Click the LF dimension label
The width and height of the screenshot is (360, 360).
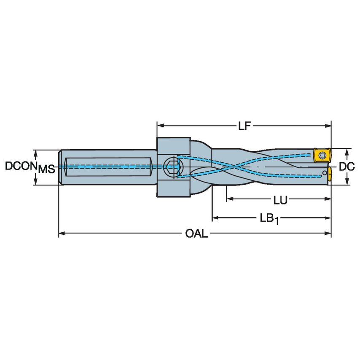point(244,125)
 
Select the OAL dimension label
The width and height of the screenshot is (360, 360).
point(196,234)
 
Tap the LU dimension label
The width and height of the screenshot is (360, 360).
point(280,200)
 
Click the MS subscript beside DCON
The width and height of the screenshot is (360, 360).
point(46,169)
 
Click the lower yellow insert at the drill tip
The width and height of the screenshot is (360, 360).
point(328,176)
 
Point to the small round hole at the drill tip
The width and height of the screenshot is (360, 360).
point(324,172)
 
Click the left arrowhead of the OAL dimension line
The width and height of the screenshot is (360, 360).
point(62,232)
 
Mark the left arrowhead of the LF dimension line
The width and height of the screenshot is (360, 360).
point(161,125)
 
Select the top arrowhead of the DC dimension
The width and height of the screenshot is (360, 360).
point(347,150)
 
